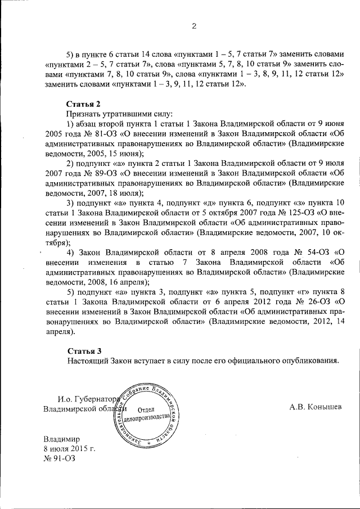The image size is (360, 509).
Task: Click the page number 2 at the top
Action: (193, 25)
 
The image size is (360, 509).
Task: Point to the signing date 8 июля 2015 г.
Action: (69, 448)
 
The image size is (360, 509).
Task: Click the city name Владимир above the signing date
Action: (62, 439)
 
